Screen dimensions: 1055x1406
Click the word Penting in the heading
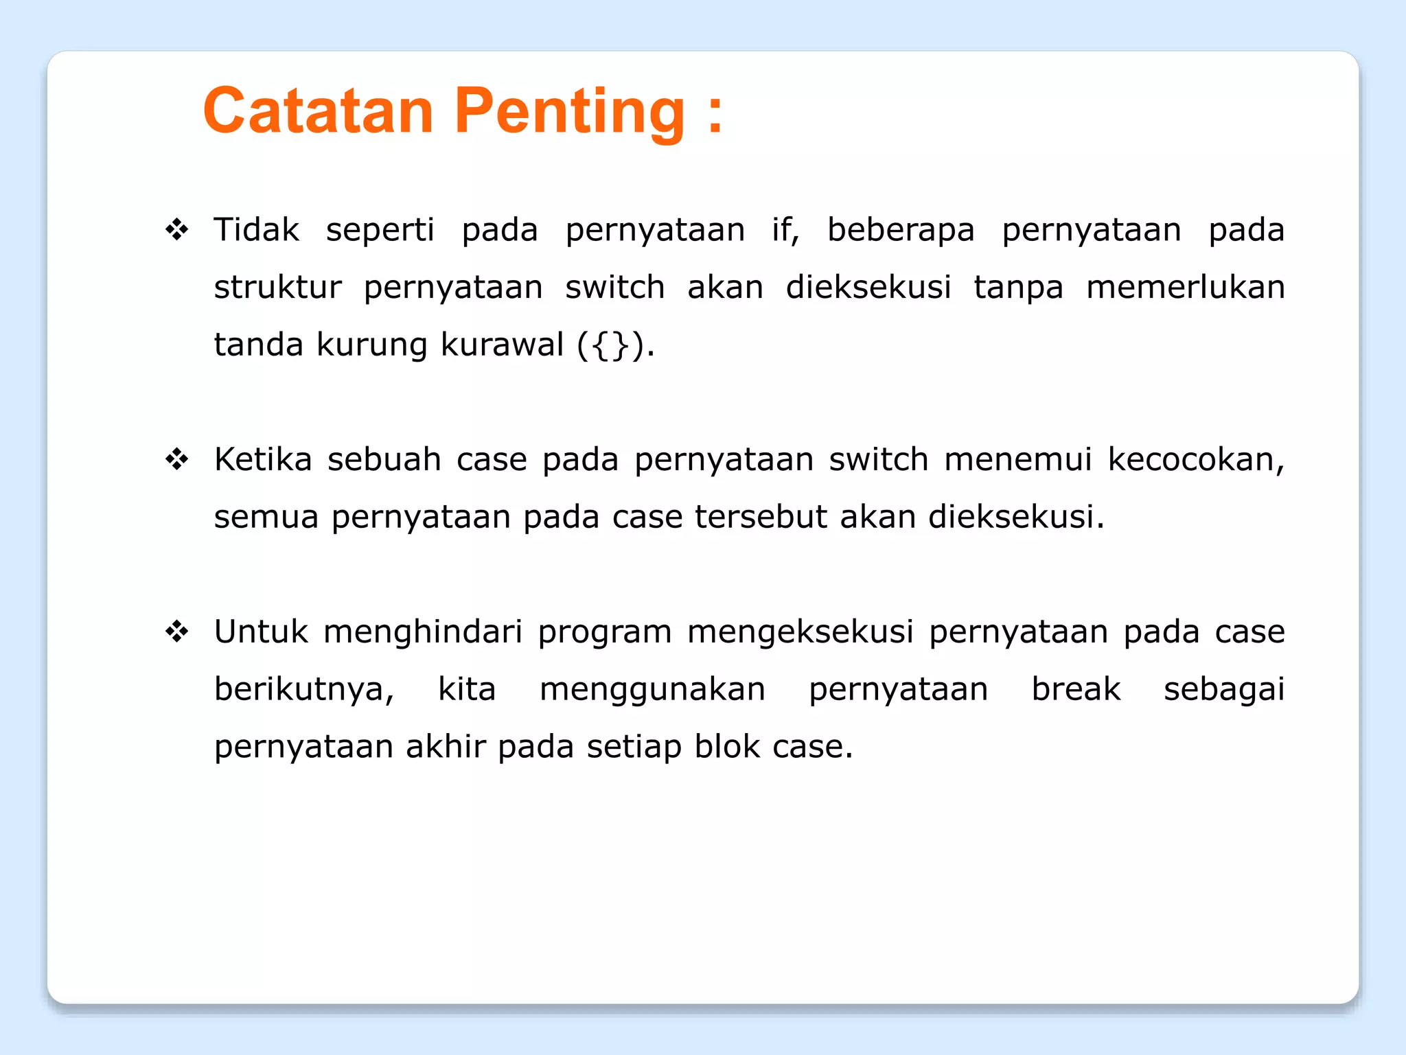(x=569, y=111)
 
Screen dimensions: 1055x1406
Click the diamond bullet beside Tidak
(x=177, y=229)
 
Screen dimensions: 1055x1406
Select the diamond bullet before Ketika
(x=177, y=459)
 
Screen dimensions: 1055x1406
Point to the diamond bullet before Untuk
(x=177, y=631)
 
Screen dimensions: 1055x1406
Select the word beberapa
(x=900, y=229)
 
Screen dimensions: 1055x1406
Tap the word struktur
(x=277, y=287)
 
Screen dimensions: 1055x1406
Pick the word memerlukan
(x=1185, y=287)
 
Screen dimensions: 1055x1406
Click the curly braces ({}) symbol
(x=611, y=345)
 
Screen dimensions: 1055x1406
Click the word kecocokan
(x=1195, y=459)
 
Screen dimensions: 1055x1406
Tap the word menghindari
(x=423, y=631)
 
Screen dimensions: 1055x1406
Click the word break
(x=1076, y=689)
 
